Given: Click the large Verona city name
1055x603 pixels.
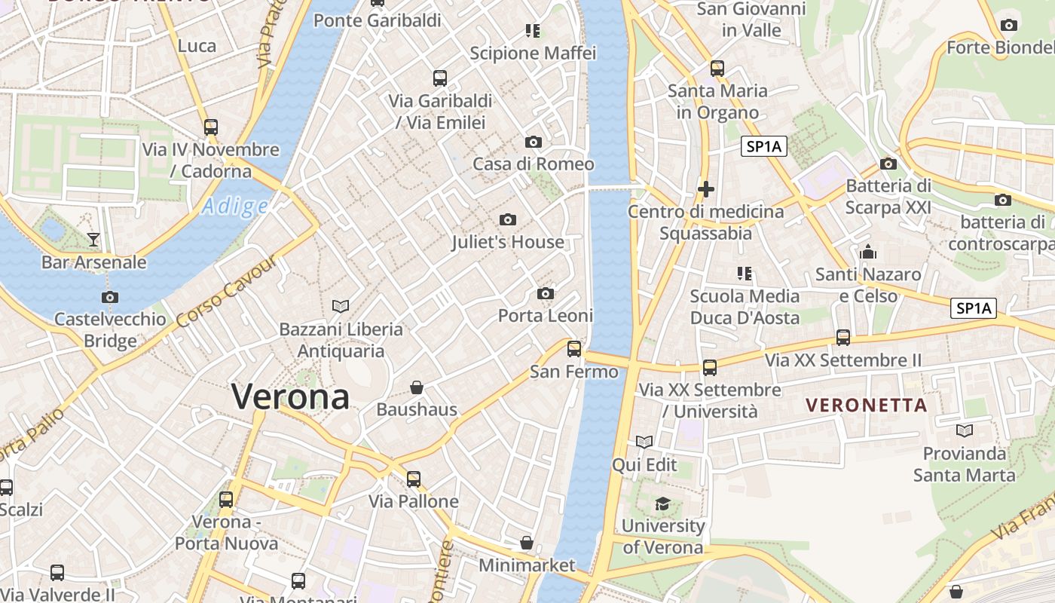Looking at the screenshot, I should (290, 396).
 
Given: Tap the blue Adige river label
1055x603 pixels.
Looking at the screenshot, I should (235, 206).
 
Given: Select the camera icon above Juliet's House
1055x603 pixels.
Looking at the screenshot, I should (508, 220).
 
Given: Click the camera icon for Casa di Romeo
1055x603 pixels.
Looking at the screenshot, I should (534, 142).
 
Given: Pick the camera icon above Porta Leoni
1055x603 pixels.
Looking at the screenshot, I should (546, 293).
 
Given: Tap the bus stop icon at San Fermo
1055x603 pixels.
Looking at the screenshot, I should (574, 348).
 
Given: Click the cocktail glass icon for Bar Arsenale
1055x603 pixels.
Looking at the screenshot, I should (93, 240).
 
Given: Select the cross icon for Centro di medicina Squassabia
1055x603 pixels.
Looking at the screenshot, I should (706, 188).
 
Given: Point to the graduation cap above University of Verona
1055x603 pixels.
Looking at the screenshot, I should (662, 504).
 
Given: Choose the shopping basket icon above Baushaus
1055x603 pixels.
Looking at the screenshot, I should (417, 387).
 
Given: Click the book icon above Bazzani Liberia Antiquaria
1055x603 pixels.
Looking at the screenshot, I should (341, 306).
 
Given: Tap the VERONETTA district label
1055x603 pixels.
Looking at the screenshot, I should (867, 406).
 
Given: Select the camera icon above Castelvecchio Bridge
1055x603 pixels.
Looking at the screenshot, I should (110, 297).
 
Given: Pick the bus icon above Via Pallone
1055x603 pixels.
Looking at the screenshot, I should (414, 479).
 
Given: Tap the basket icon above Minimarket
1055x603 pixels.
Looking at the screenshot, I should (527, 543).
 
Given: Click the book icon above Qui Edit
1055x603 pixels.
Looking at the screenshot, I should (644, 442).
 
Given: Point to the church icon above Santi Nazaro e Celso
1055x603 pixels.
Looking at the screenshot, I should (868, 252).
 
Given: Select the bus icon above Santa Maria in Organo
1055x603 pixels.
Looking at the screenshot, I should (717, 69).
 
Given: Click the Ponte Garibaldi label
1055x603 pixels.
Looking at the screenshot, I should (378, 20).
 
